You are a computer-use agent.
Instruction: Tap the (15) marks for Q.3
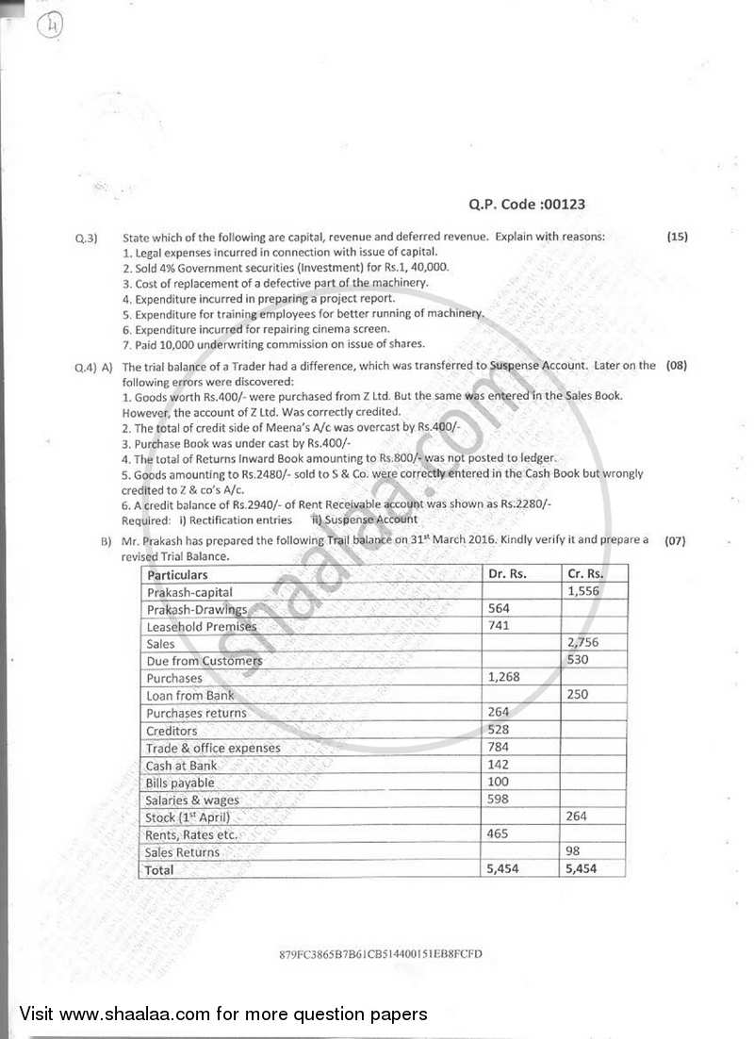(x=677, y=237)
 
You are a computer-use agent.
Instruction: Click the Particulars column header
(x=177, y=574)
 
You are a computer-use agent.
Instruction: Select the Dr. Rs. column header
(x=507, y=573)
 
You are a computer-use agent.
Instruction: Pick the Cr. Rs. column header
(x=584, y=573)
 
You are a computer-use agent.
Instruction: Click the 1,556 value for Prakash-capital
(x=583, y=591)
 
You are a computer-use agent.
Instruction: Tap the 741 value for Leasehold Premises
(x=499, y=626)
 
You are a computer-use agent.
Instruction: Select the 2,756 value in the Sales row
(x=583, y=643)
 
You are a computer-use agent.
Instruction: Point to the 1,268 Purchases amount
(x=504, y=678)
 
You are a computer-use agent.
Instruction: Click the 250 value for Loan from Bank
(x=578, y=695)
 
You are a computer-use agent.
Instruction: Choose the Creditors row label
(x=172, y=731)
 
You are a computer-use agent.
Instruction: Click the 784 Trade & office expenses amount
(x=499, y=748)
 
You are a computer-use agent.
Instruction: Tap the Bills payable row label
(x=180, y=783)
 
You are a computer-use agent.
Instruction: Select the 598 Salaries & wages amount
(x=499, y=800)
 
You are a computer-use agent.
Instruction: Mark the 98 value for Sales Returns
(x=573, y=851)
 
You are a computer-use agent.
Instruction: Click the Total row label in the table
(x=160, y=869)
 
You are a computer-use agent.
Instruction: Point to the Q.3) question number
(x=87, y=238)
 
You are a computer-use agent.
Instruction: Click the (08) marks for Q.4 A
(x=677, y=364)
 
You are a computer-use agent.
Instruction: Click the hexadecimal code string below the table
(x=381, y=953)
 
